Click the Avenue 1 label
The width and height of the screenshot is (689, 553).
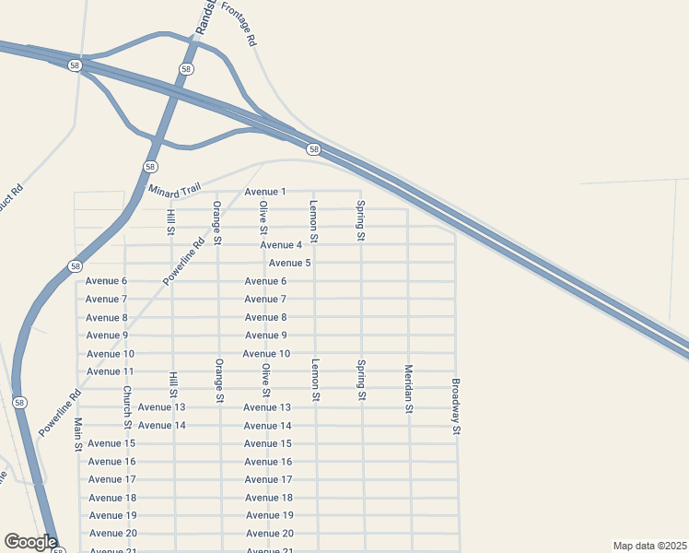click(x=265, y=192)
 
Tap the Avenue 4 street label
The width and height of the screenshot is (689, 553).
click(x=281, y=245)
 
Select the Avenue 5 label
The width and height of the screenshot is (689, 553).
click(x=289, y=263)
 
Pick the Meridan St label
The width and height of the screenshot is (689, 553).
click(x=408, y=389)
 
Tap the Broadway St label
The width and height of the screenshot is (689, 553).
click(x=455, y=406)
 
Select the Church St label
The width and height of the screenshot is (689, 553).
click(x=127, y=406)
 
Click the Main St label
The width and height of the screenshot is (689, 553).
click(x=78, y=434)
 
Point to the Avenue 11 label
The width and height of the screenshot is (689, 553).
click(x=111, y=371)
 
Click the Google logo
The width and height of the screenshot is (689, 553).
click(x=31, y=542)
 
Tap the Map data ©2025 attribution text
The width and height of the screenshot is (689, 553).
click(x=649, y=546)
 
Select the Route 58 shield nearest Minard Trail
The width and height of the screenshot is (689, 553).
click(x=150, y=166)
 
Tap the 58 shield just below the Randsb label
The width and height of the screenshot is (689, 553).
click(x=187, y=69)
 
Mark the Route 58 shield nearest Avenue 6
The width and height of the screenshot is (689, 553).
click(x=76, y=266)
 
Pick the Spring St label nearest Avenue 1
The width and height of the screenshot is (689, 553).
click(x=361, y=221)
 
